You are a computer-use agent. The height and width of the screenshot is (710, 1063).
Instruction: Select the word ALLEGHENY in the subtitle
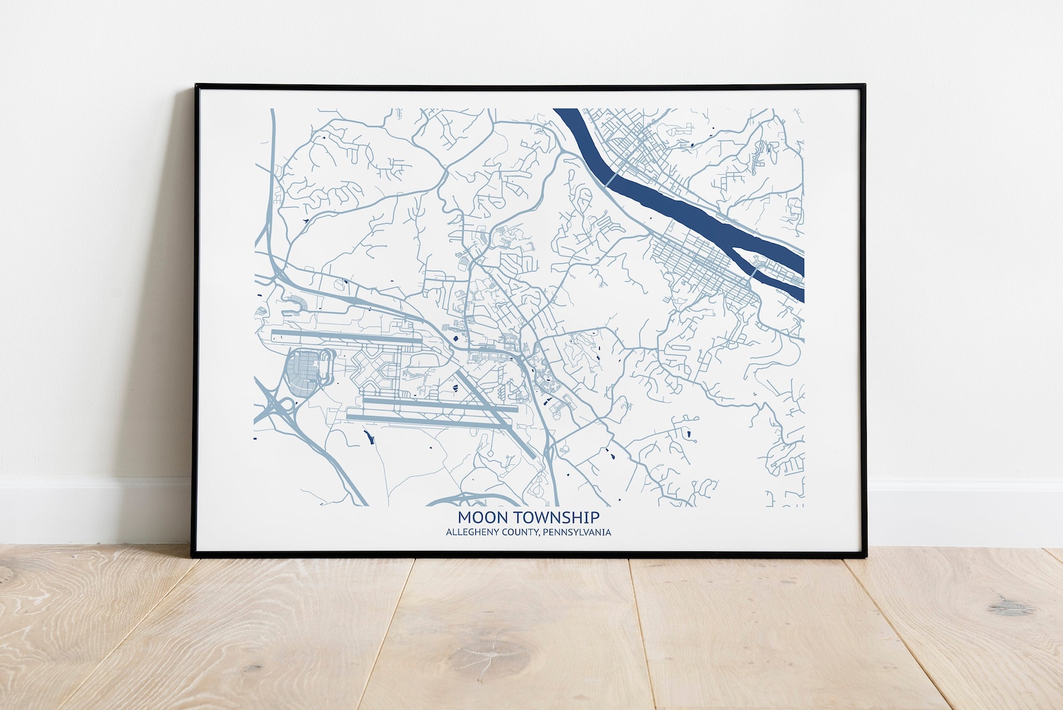(467, 532)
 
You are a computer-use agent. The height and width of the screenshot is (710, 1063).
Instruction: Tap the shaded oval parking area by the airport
(305, 369)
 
